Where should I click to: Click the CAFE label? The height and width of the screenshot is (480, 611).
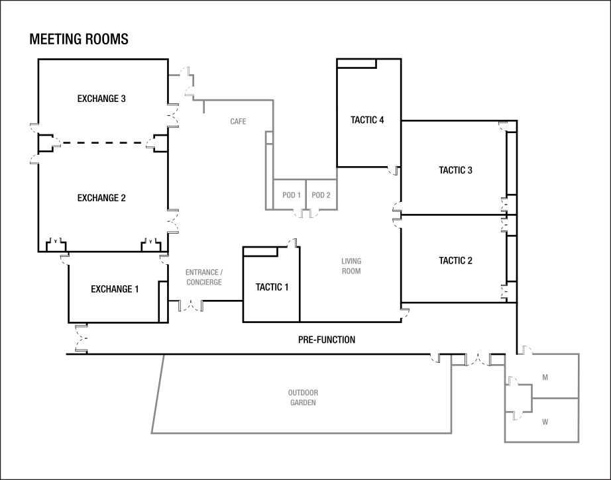[239, 122]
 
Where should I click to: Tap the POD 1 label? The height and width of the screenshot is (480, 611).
[292, 195]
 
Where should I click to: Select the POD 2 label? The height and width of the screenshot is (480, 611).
[321, 195]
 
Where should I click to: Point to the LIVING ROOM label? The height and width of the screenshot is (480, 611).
[351, 266]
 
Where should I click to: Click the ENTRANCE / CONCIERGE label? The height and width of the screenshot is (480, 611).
[204, 277]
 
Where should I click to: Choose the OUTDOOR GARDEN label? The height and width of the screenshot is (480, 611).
[303, 398]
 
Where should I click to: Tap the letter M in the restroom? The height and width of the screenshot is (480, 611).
[545, 377]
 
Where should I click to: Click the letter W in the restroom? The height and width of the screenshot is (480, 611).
[545, 422]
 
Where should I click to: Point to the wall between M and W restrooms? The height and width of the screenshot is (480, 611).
[555, 399]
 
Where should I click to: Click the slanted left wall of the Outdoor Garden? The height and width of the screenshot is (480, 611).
[158, 395]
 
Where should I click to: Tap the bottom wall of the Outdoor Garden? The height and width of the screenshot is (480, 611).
[302, 434]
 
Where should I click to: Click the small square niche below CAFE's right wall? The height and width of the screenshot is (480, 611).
[269, 138]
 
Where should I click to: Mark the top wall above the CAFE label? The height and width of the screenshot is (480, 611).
[239, 99]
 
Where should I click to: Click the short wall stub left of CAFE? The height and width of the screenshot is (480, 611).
[204, 106]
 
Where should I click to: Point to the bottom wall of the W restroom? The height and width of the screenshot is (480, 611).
[542, 442]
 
